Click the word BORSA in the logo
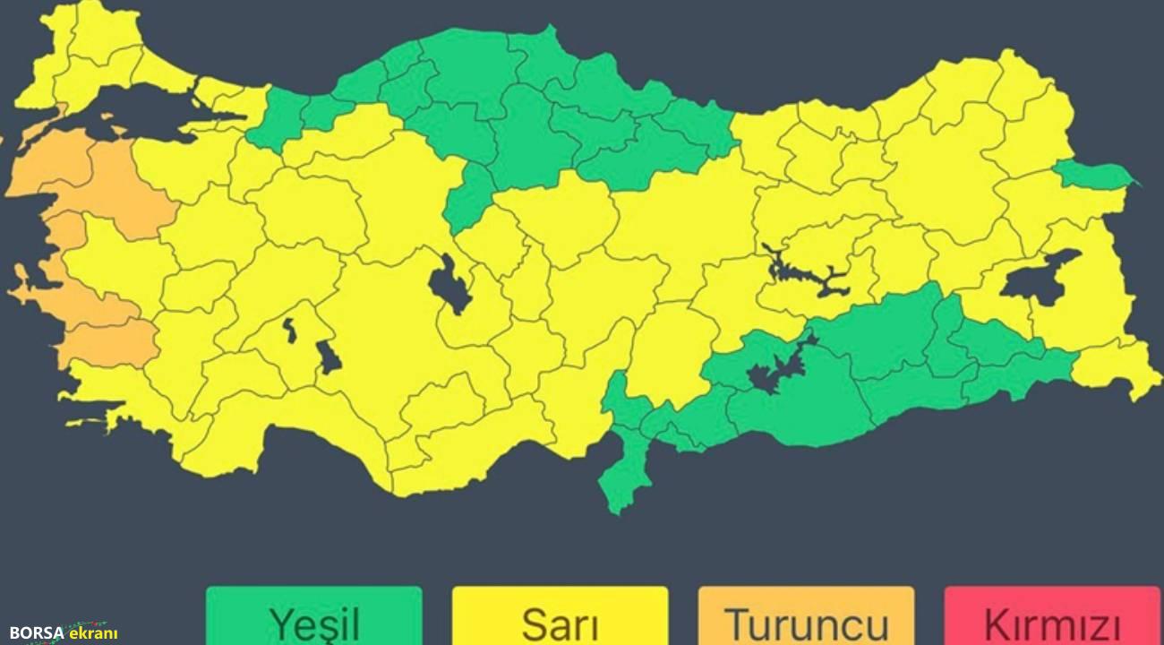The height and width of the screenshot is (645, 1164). tap(37, 632)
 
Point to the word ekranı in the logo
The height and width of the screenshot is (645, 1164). tap(93, 632)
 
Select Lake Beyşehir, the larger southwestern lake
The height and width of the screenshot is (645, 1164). tap(329, 357)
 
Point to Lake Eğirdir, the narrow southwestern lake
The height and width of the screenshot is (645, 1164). tap(290, 329)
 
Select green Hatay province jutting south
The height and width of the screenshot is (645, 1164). tap(627, 466)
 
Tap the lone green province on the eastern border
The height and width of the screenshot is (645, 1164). tap(1092, 175)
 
